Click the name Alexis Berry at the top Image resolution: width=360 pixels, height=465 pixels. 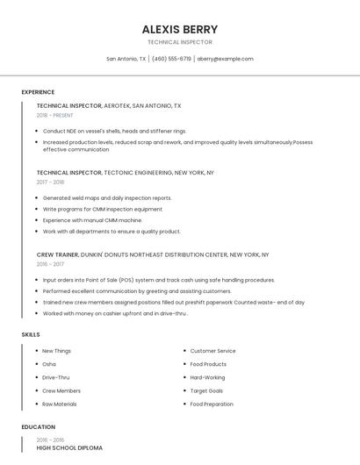coord(180,29)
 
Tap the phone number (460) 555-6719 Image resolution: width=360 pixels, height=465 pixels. coord(171,59)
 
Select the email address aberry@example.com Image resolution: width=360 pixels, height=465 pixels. coord(225,59)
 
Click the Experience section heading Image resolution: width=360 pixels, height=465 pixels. coord(38,92)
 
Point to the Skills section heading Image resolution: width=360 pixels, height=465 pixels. coord(31,334)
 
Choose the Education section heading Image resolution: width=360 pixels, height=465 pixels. coord(38,427)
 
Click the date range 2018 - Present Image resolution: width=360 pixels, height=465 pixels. coord(55,115)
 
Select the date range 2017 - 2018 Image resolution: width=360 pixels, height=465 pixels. coord(50,182)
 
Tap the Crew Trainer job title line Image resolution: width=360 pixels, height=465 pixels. coord(153,254)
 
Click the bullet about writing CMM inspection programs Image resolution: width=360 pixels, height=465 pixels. coord(102,209)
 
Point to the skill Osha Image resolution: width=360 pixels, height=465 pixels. coord(49,364)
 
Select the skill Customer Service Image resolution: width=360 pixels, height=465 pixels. coord(212,351)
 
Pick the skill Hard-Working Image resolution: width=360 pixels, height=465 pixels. coord(207,377)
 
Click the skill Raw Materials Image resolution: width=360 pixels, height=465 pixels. coord(60,404)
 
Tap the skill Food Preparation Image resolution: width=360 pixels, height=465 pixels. coord(212,404)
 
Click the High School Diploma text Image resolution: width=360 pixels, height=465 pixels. coord(69,447)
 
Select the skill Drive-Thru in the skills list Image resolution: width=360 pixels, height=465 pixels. coord(55,377)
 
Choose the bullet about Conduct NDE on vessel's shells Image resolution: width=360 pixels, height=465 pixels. coord(114,131)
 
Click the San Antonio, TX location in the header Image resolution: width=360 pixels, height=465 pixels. coord(126,59)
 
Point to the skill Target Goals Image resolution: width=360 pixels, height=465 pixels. coord(206,390)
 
